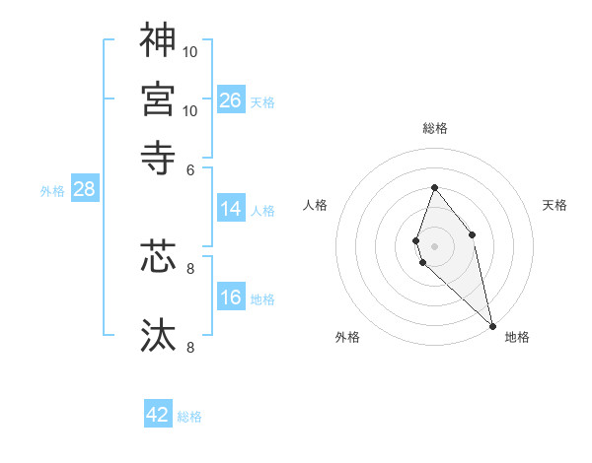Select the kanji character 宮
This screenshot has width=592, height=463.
point(158,99)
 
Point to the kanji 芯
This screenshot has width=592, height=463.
point(158,256)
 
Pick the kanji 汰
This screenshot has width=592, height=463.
point(158,335)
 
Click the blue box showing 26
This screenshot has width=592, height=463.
point(231,99)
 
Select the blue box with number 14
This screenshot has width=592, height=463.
point(231,209)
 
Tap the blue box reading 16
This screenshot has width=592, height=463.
point(231,298)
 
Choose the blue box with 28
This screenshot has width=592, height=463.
point(84,190)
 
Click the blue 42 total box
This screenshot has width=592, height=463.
point(158,415)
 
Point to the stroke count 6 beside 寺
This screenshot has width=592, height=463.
point(191,168)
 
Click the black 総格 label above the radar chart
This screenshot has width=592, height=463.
point(435,128)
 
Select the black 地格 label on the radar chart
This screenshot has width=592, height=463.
point(517,337)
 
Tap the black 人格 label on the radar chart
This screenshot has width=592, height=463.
point(316,205)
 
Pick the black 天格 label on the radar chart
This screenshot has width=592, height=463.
point(555,205)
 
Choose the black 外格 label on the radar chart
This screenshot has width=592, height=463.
point(347,337)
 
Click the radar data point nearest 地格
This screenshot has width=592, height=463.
point(492,325)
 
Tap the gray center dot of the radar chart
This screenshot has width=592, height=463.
point(435,246)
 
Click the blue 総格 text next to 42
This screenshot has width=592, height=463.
point(189,417)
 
